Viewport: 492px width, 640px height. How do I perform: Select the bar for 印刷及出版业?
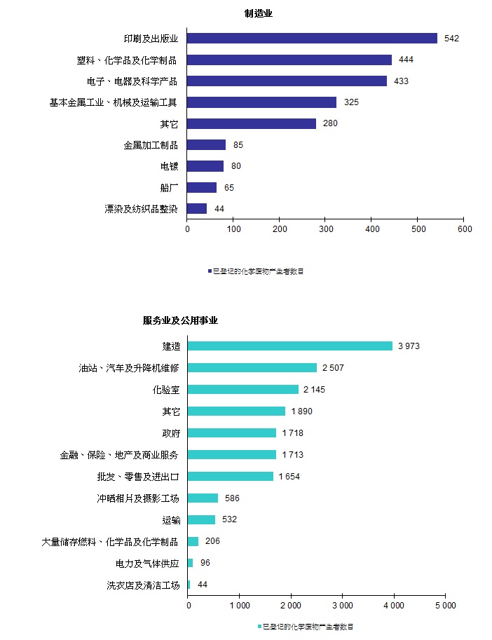click(312, 38)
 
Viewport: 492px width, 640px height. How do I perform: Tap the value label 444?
click(406, 60)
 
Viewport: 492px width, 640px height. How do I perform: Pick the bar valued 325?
click(261, 102)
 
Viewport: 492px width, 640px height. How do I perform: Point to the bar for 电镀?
click(205, 166)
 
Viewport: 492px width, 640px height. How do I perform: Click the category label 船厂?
click(168, 187)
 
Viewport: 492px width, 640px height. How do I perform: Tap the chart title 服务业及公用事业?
click(180, 320)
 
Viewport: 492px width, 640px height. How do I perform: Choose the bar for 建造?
click(290, 346)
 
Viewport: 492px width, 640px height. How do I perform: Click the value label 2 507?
click(333, 367)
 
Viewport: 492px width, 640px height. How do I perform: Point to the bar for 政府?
click(232, 433)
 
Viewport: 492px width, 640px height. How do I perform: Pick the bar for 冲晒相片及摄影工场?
click(203, 498)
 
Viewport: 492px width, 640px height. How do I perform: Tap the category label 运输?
click(170, 519)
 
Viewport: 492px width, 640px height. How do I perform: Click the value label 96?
click(205, 563)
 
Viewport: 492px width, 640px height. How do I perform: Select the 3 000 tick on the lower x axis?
click(342, 605)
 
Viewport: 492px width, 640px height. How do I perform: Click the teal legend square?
click(259, 626)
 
